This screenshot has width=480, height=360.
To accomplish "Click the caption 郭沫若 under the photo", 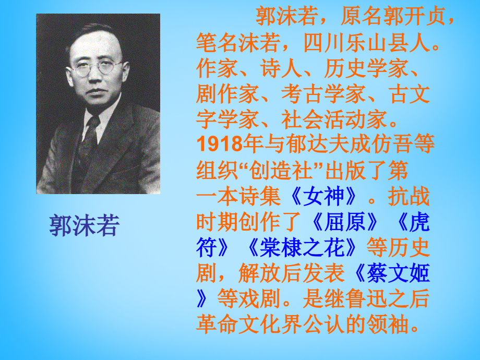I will (85, 225).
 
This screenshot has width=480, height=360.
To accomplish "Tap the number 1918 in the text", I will (219, 143).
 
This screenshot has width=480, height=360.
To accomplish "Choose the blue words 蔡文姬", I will (397, 273).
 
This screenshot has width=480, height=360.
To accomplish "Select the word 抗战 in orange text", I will (410, 197).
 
